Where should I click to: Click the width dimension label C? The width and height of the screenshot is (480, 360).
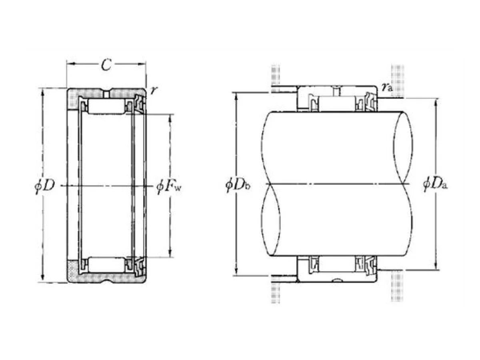tap(106, 64)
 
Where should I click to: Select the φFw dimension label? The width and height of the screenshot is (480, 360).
tap(169, 187)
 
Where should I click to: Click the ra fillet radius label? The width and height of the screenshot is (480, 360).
tap(388, 88)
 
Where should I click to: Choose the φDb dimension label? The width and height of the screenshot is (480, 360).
tap(238, 185)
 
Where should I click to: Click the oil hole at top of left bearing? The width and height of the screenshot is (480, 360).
tap(106, 94)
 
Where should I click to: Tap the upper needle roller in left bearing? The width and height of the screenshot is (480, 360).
tap(106, 106)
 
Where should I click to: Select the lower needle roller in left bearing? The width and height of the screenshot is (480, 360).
tap(106, 265)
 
